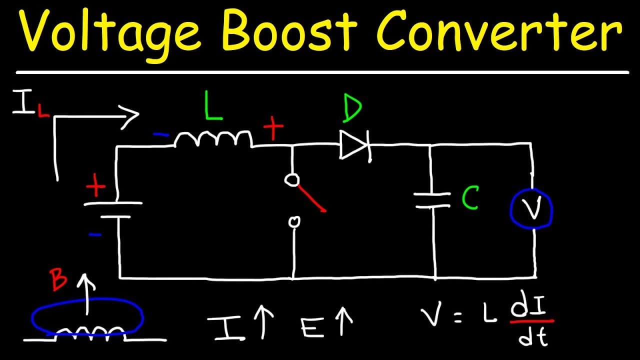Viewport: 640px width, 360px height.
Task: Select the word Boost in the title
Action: pos(289,29)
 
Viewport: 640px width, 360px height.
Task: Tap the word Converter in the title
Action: pos(499,30)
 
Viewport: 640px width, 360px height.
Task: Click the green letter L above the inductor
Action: pos(213,105)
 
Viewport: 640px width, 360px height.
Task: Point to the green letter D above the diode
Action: pos(352,107)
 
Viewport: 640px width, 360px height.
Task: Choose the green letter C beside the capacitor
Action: pos(470,197)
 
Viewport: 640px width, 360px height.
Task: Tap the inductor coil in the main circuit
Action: pos(213,139)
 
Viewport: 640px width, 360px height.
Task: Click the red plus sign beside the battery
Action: pos(95,185)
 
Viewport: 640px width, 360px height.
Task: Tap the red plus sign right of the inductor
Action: pos(273,127)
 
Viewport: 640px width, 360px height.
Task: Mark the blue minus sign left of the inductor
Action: pos(161,134)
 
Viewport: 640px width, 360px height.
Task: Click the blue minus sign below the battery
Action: pos(95,235)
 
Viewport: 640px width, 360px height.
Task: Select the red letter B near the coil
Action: pos(58,279)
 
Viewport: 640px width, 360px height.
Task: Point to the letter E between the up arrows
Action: pos(312,326)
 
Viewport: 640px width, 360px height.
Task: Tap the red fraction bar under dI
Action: pos(532,321)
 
